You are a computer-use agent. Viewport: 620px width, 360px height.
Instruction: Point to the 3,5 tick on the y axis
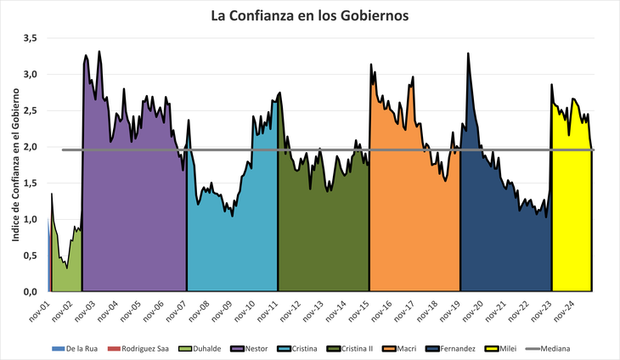point(30,38)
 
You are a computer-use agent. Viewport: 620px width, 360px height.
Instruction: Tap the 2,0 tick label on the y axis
point(30,147)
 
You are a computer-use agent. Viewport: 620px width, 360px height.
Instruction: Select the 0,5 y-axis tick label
point(30,256)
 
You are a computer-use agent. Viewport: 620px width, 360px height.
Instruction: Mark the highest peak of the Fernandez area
point(468,54)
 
